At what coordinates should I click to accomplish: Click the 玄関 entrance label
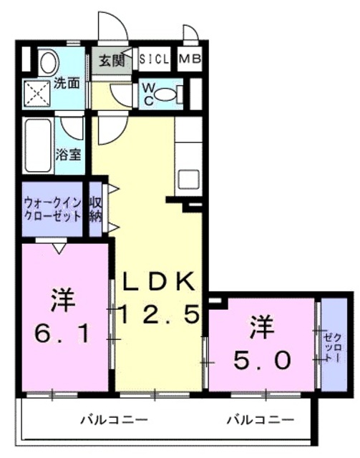tap(112, 61)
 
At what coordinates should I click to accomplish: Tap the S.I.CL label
tap(154, 59)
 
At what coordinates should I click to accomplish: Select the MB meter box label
tap(190, 59)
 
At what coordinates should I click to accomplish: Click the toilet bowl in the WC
tap(165, 94)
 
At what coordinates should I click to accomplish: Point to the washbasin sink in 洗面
tap(49, 62)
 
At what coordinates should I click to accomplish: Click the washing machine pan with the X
tap(37, 94)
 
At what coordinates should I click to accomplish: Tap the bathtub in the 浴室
tap(38, 145)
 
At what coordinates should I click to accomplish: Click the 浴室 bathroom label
tap(69, 155)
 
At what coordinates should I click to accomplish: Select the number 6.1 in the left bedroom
tap(62, 334)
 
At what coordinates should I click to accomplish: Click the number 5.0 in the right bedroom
tap(262, 360)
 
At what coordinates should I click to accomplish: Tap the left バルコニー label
tap(114, 420)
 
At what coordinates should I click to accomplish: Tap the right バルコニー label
tap(261, 420)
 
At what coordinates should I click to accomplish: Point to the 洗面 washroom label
tap(67, 84)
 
